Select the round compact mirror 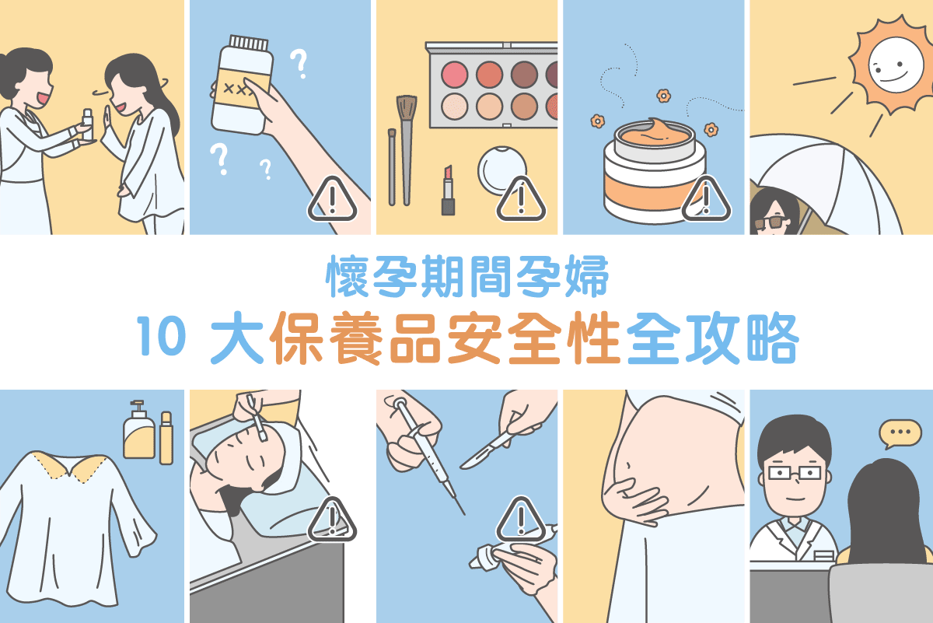tap(501, 170)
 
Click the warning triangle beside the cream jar tap(706, 200)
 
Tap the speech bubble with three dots tap(900, 432)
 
